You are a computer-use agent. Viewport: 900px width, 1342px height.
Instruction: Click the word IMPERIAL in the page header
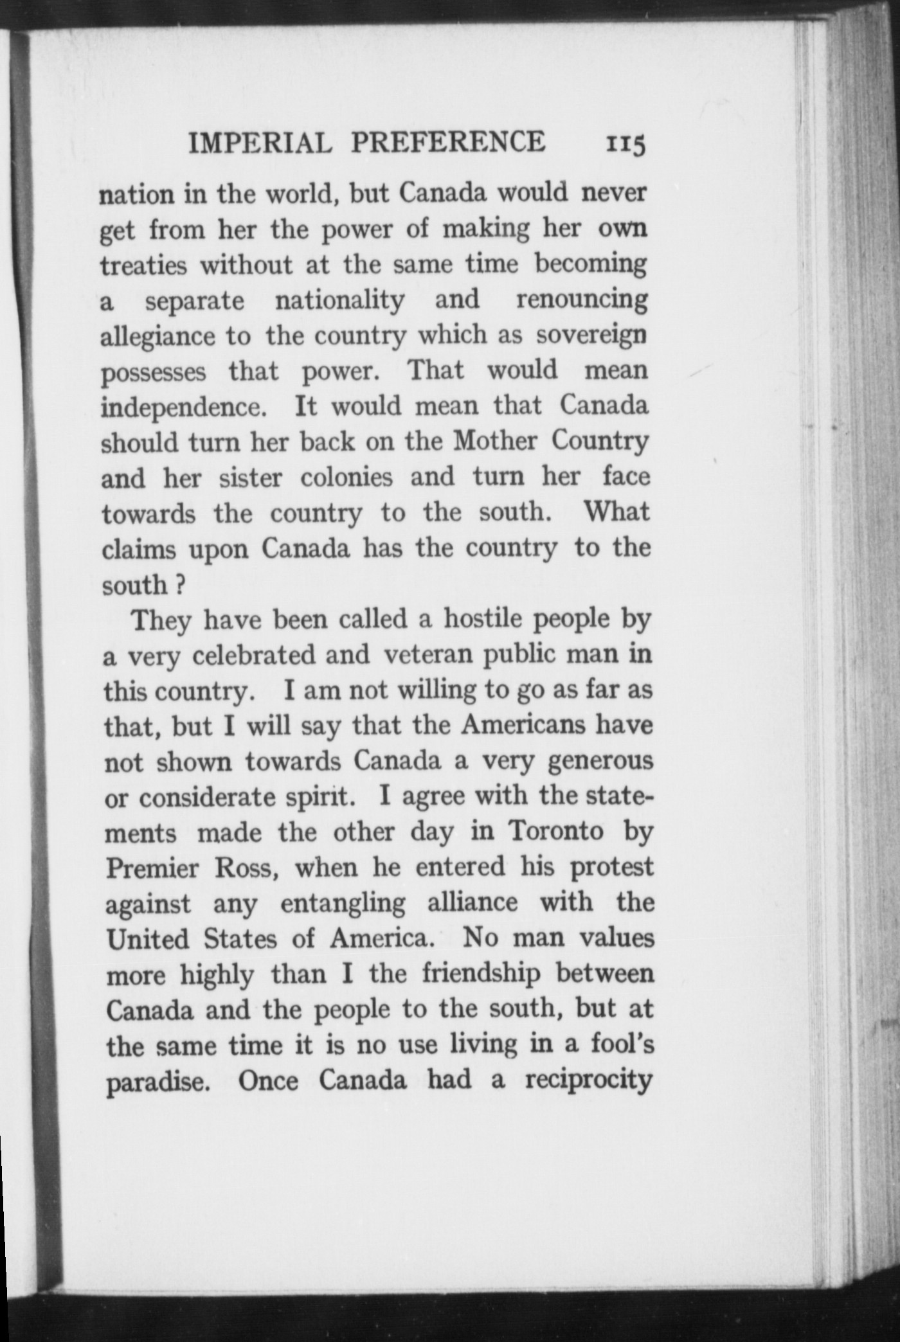(x=260, y=143)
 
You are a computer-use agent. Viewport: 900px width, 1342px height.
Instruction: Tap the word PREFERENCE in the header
(x=447, y=142)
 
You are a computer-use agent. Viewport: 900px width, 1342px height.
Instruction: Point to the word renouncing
(x=582, y=300)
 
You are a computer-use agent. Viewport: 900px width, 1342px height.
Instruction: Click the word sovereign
(x=591, y=336)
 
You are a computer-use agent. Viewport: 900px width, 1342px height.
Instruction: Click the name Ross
(x=246, y=868)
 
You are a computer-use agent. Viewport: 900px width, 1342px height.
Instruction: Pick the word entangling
(x=343, y=903)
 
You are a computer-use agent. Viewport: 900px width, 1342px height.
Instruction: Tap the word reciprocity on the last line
(x=589, y=1080)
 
